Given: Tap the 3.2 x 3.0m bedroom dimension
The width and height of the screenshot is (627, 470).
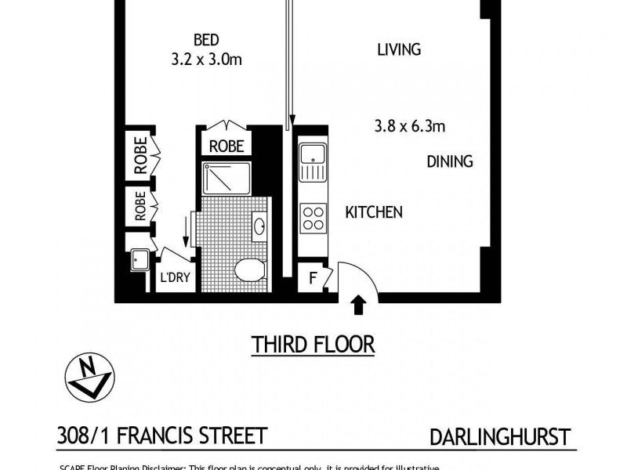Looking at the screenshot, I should (206, 58).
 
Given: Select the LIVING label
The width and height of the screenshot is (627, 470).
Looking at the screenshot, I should (399, 50).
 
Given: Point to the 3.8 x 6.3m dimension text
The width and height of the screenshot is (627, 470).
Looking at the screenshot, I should (412, 126).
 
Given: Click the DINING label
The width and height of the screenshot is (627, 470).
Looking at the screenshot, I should (450, 162).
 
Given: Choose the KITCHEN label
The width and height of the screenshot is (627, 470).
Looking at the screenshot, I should (374, 212).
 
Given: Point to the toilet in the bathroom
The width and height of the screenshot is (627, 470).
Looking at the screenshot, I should (249, 270).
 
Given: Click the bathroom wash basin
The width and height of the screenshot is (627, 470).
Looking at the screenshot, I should (260, 227).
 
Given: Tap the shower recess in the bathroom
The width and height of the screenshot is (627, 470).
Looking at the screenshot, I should (227, 179).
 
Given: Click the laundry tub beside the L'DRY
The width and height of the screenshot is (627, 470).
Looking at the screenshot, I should (139, 259).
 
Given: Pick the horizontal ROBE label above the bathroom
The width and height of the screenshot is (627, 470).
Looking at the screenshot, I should (227, 146).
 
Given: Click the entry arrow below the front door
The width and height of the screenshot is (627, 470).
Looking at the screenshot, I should (359, 304).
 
